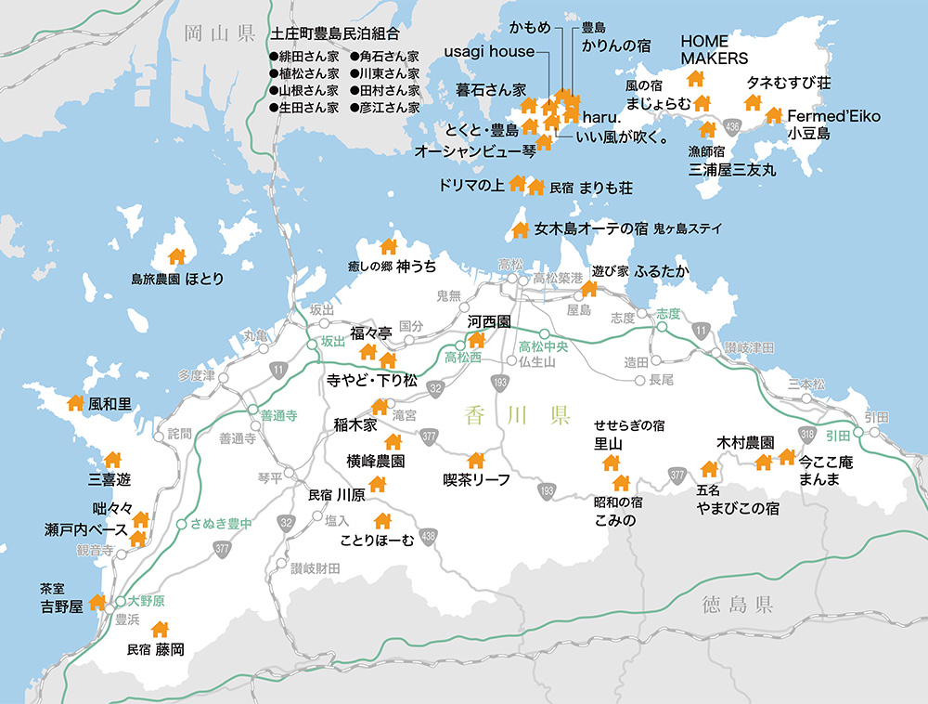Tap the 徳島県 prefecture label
point(738,606)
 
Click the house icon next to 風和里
point(75,403)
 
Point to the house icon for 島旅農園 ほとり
point(175,256)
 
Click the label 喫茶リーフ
point(477,481)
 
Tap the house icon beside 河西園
point(477,340)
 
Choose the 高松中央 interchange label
point(544,346)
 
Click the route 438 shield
point(428,536)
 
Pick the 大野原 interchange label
point(147,601)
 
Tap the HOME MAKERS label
point(715,50)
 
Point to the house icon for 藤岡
point(160,630)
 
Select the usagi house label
point(489,51)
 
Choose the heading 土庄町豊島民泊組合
point(335,33)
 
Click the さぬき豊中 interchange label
point(221,524)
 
